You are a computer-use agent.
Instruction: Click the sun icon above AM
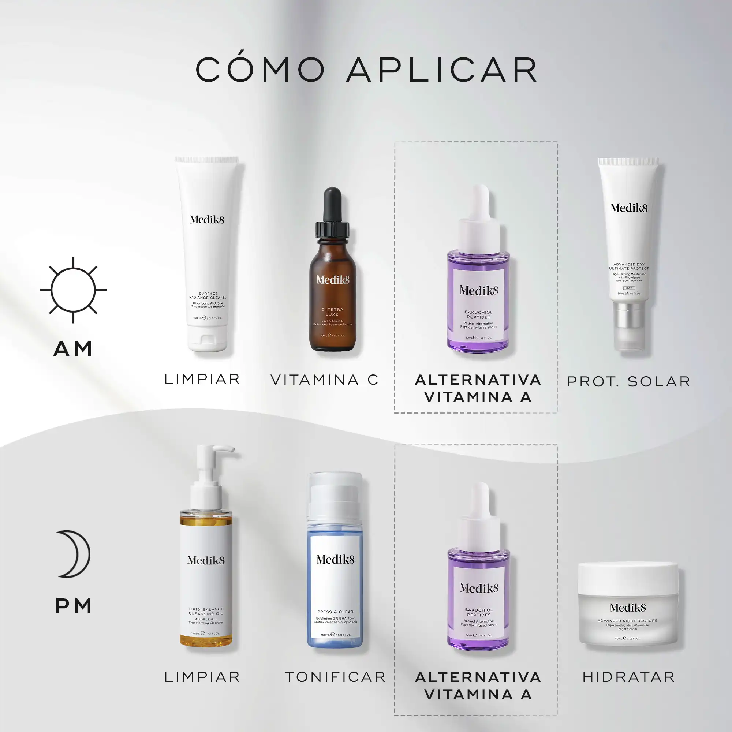tap(73, 290)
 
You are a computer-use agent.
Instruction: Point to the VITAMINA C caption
tap(324, 380)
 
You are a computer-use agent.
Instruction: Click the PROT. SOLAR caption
tap(628, 381)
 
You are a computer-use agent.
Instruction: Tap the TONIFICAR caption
tap(335, 677)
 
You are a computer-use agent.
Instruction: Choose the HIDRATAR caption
tap(628, 677)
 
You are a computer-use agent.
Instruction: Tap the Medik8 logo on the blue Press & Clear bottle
tap(335, 560)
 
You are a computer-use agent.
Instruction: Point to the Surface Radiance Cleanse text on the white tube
tap(208, 295)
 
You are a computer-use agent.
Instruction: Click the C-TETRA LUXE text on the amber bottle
tap(332, 312)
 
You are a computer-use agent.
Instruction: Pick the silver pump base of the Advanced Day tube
tap(628, 315)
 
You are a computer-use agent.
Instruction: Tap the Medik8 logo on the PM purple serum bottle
tap(479, 588)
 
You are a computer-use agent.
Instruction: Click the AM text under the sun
tap(73, 348)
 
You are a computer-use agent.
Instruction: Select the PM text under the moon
tap(74, 606)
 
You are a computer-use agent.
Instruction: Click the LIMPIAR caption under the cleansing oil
tap(202, 677)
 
